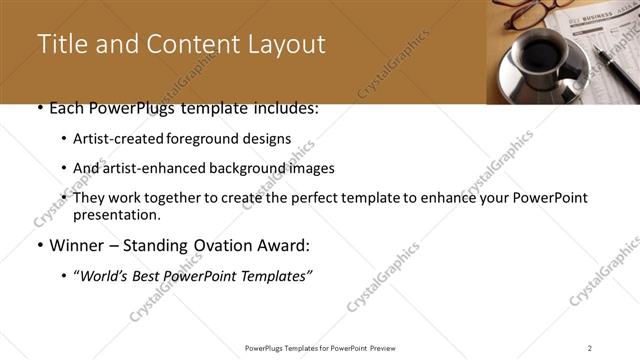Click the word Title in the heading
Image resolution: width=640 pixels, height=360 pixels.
(x=59, y=45)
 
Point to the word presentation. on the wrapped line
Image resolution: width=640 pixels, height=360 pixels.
(x=116, y=215)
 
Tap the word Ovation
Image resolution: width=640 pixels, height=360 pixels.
(x=226, y=245)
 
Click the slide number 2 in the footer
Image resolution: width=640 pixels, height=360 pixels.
(x=590, y=347)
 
